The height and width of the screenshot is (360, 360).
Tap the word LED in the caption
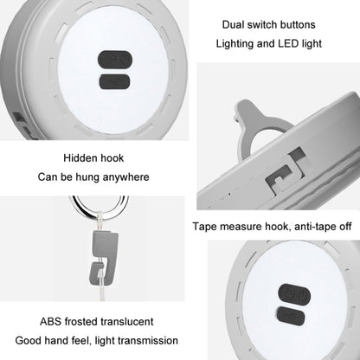[x=288, y=43]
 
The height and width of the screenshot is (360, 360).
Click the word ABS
[x=50, y=321]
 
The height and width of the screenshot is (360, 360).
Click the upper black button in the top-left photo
[x=115, y=60]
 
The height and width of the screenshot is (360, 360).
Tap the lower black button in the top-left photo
[x=114, y=81]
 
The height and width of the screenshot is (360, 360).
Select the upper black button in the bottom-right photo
[x=294, y=294]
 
